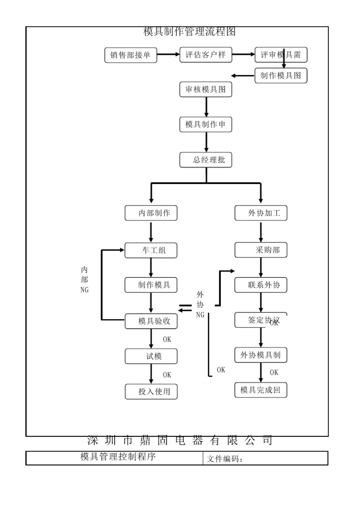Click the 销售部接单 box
[130, 55]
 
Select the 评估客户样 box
[205, 55]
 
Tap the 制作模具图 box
[280, 76]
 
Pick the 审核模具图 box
[205, 90]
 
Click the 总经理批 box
[205, 160]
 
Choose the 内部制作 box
[151, 213]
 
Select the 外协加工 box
[261, 213]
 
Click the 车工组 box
[151, 250]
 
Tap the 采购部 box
[261, 250]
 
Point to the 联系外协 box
[261, 285]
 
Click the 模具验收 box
[151, 321]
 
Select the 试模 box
[151, 356]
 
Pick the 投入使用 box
[151, 392]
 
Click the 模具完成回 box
[261, 390]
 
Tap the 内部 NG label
[84, 280]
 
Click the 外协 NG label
[200, 305]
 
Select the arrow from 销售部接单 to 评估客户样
[168, 55]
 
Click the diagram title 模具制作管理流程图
[189, 32]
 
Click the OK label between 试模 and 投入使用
[167, 375]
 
